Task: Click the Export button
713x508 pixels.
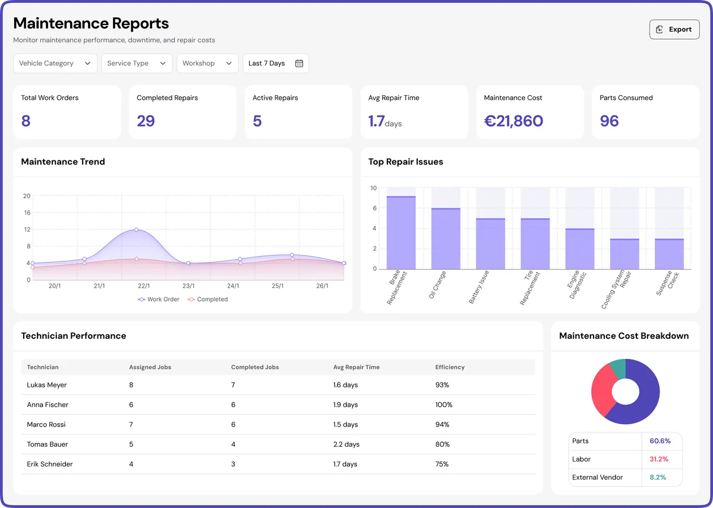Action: (x=674, y=29)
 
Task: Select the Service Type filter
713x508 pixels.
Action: (x=137, y=64)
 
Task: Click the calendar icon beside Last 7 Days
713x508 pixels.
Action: (x=299, y=64)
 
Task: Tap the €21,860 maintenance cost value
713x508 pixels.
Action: (x=513, y=121)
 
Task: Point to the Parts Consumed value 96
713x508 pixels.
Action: (x=609, y=121)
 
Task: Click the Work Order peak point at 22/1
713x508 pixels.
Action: (x=136, y=229)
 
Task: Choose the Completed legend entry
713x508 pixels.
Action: (x=207, y=299)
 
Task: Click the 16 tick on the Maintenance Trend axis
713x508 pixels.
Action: (x=27, y=213)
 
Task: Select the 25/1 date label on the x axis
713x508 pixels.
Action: (x=277, y=286)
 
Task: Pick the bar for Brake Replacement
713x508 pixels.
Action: (x=401, y=232)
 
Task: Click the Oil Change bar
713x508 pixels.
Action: (x=446, y=238)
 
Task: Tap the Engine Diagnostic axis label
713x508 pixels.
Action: (x=576, y=286)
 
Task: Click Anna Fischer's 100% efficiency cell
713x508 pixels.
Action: (x=444, y=405)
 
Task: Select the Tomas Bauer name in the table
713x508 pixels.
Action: (x=48, y=444)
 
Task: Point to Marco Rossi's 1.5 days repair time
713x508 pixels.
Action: (x=345, y=425)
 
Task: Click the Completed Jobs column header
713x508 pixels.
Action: (x=255, y=367)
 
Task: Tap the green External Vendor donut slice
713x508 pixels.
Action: (x=618, y=368)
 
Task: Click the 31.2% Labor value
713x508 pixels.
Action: (x=659, y=459)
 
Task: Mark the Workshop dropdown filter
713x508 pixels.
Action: (x=207, y=64)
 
